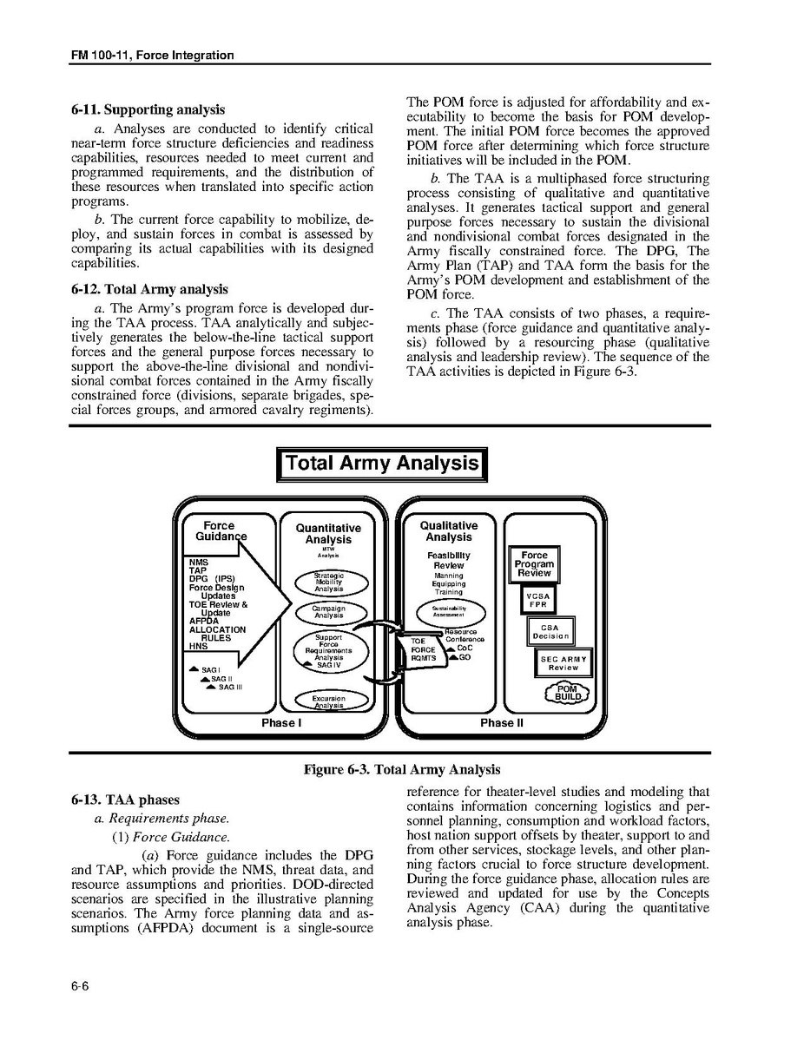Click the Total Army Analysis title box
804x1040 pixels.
click(381, 464)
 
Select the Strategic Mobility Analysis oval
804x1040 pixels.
click(329, 582)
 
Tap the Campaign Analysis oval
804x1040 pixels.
click(329, 612)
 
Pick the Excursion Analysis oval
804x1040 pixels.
click(329, 701)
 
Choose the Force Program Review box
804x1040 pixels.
click(534, 564)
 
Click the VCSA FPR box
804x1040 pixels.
click(537, 601)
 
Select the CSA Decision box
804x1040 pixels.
click(550, 631)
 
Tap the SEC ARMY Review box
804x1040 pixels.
click(563, 663)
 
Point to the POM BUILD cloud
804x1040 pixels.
click(567, 693)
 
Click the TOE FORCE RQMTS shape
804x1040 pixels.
click(424, 649)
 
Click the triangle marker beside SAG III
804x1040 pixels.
click(211, 687)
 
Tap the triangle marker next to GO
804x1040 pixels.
click(451, 657)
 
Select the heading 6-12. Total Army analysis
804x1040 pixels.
click(149, 289)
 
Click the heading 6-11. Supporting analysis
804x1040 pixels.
click(148, 109)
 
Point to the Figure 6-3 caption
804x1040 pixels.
click(401, 769)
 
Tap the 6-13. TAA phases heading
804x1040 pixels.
click(126, 800)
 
